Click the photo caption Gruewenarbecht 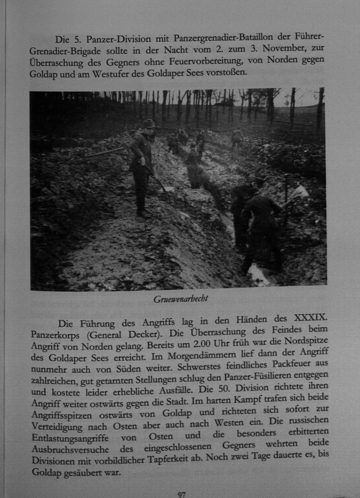click(181, 299)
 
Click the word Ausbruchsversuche click(70, 449)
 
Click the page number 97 click(182, 494)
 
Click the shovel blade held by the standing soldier click(168, 188)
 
